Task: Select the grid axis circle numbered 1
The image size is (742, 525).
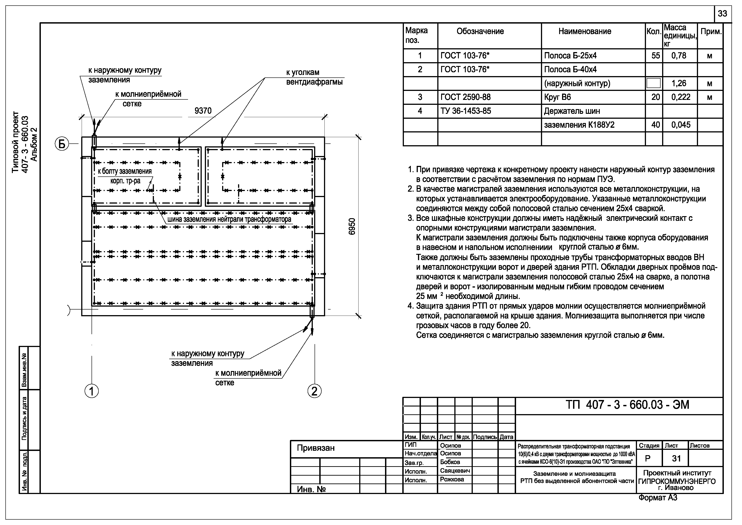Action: (x=92, y=391)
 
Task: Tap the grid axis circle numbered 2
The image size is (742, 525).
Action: (x=314, y=391)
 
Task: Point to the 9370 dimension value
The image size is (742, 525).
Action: (x=203, y=111)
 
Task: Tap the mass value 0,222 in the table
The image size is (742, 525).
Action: (x=681, y=97)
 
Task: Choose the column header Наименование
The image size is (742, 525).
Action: (x=585, y=31)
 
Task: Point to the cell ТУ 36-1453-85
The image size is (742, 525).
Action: (x=466, y=111)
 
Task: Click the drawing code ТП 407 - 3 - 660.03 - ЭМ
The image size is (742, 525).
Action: (x=627, y=405)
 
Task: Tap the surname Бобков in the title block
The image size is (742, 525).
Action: (x=450, y=462)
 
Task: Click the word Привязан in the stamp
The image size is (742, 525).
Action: (x=315, y=448)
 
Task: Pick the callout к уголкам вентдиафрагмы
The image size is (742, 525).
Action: (x=314, y=77)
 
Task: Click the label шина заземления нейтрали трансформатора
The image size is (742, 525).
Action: (x=229, y=220)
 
